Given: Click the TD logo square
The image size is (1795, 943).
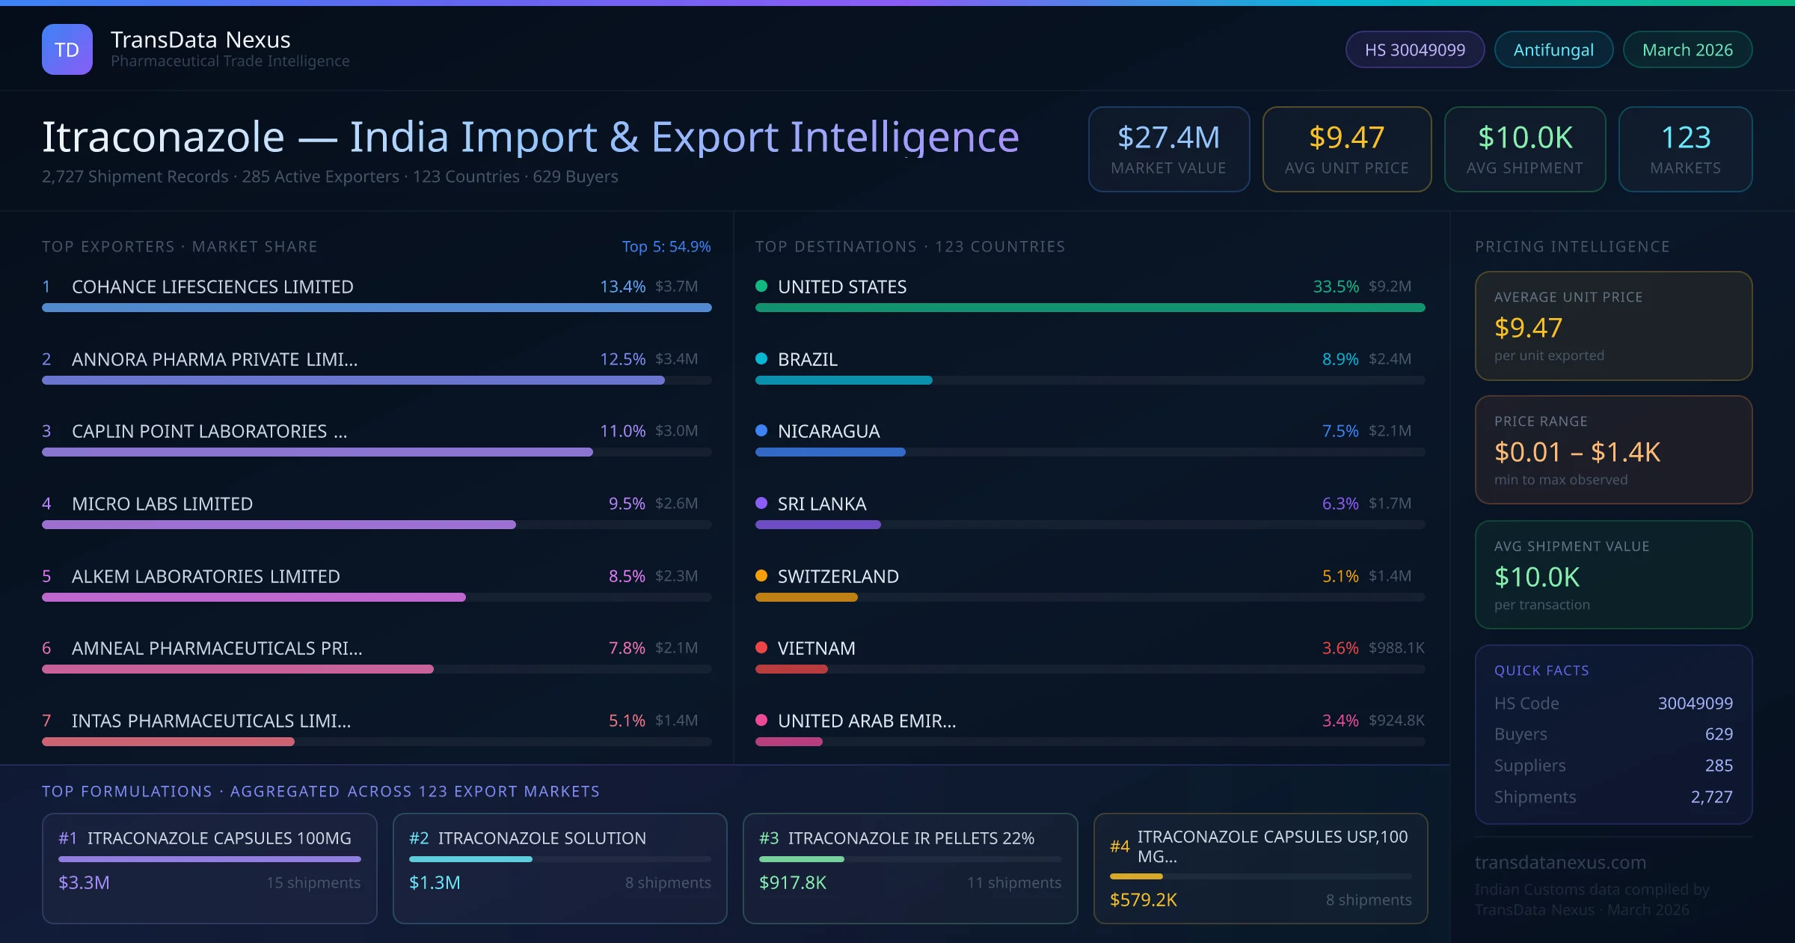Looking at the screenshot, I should pyautogui.click(x=67, y=49).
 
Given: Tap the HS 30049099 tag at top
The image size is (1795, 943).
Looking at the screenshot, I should pyautogui.click(x=1414, y=49).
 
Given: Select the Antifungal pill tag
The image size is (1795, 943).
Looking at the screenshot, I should pyautogui.click(x=1553, y=49).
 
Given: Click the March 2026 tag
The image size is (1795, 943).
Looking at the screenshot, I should pyautogui.click(x=1687, y=49).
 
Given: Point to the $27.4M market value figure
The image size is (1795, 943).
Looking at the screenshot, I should pyautogui.click(x=1168, y=138).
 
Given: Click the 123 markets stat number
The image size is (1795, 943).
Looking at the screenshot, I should pyautogui.click(x=1685, y=138).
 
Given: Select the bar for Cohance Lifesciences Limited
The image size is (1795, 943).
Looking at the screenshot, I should pyautogui.click(x=376, y=308).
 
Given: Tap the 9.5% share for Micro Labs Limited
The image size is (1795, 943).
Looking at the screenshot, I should pyautogui.click(x=626, y=504).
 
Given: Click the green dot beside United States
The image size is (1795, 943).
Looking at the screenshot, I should pyautogui.click(x=761, y=286).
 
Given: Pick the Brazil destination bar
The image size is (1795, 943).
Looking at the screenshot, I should pyautogui.click(x=843, y=380).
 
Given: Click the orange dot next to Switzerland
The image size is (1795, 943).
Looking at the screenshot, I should pyautogui.click(x=761, y=576).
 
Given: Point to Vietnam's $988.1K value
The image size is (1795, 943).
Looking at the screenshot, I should pyautogui.click(x=1396, y=648).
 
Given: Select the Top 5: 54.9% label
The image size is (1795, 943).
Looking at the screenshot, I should pyautogui.click(x=666, y=246).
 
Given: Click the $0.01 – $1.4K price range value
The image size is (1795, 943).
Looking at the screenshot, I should pyautogui.click(x=1577, y=452).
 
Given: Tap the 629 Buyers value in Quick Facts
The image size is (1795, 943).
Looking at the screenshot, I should pyautogui.click(x=1718, y=734).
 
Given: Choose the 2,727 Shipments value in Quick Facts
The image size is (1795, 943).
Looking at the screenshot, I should pyautogui.click(x=1710, y=797).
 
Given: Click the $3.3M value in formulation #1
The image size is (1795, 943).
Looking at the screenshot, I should pyautogui.click(x=84, y=882).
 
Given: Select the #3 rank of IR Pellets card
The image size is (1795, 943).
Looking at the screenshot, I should pyautogui.click(x=768, y=838).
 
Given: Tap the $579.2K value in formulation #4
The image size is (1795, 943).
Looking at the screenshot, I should pyautogui.click(x=1143, y=900).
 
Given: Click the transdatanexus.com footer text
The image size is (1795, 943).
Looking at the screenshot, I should pyautogui.click(x=1560, y=862).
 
